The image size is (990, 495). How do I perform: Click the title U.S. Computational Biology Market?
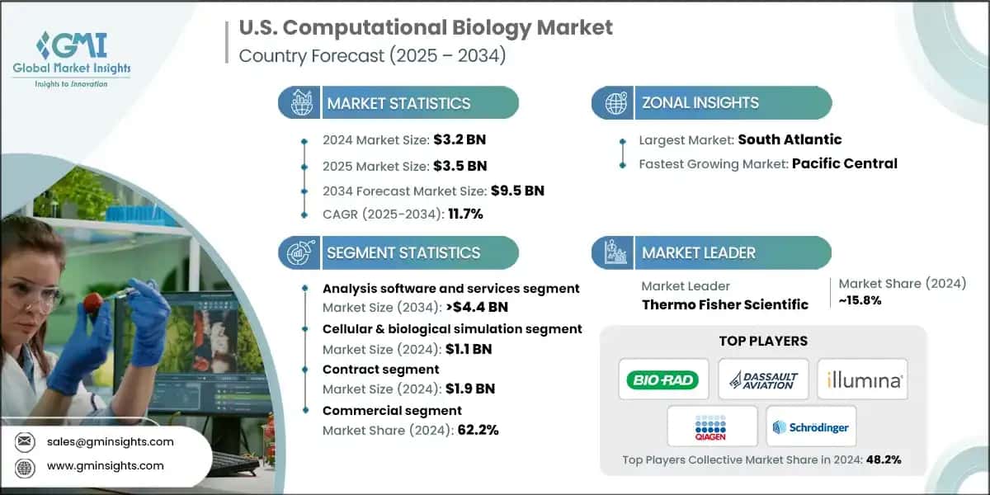[426, 27]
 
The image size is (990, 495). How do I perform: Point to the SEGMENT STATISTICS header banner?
[403, 252]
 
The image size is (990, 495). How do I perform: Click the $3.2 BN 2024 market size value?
[456, 139]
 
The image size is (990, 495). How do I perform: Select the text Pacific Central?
[844, 163]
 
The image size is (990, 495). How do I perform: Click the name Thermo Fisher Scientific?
[724, 304]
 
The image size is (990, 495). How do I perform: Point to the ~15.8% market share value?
[860, 300]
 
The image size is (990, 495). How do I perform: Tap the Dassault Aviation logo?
[763, 380]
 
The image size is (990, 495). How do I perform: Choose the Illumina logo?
[863, 380]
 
